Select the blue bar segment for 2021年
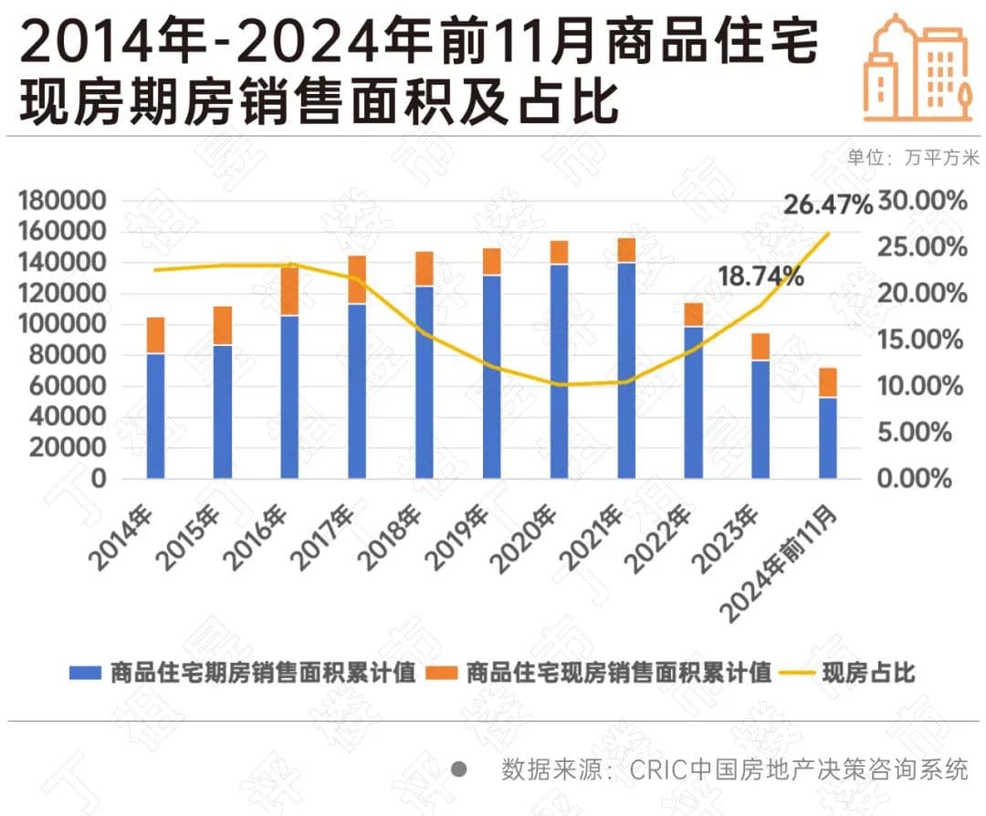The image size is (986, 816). [x=626, y=370]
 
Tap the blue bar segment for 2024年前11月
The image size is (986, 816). [x=828, y=437]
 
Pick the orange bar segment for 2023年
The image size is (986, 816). [x=760, y=347]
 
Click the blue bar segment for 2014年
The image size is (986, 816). [x=155, y=415]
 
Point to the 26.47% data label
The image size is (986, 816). [x=828, y=205]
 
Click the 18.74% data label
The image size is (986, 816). [x=760, y=277]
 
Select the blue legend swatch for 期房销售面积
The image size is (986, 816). [x=85, y=675]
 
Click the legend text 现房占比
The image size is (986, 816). [x=868, y=675]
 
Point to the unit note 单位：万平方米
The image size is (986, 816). [x=913, y=157]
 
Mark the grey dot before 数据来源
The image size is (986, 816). [x=460, y=769]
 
